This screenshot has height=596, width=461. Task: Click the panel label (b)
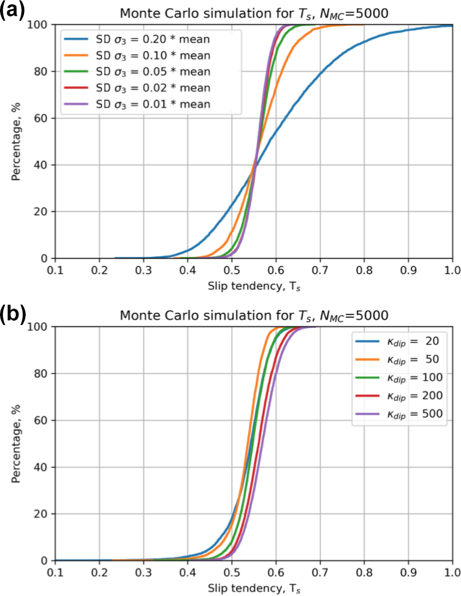tap(13, 315)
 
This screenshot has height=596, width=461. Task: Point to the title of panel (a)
tap(254, 13)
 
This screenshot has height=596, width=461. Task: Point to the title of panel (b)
tap(254, 315)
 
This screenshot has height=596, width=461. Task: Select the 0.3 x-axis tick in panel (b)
tap(144, 573)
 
